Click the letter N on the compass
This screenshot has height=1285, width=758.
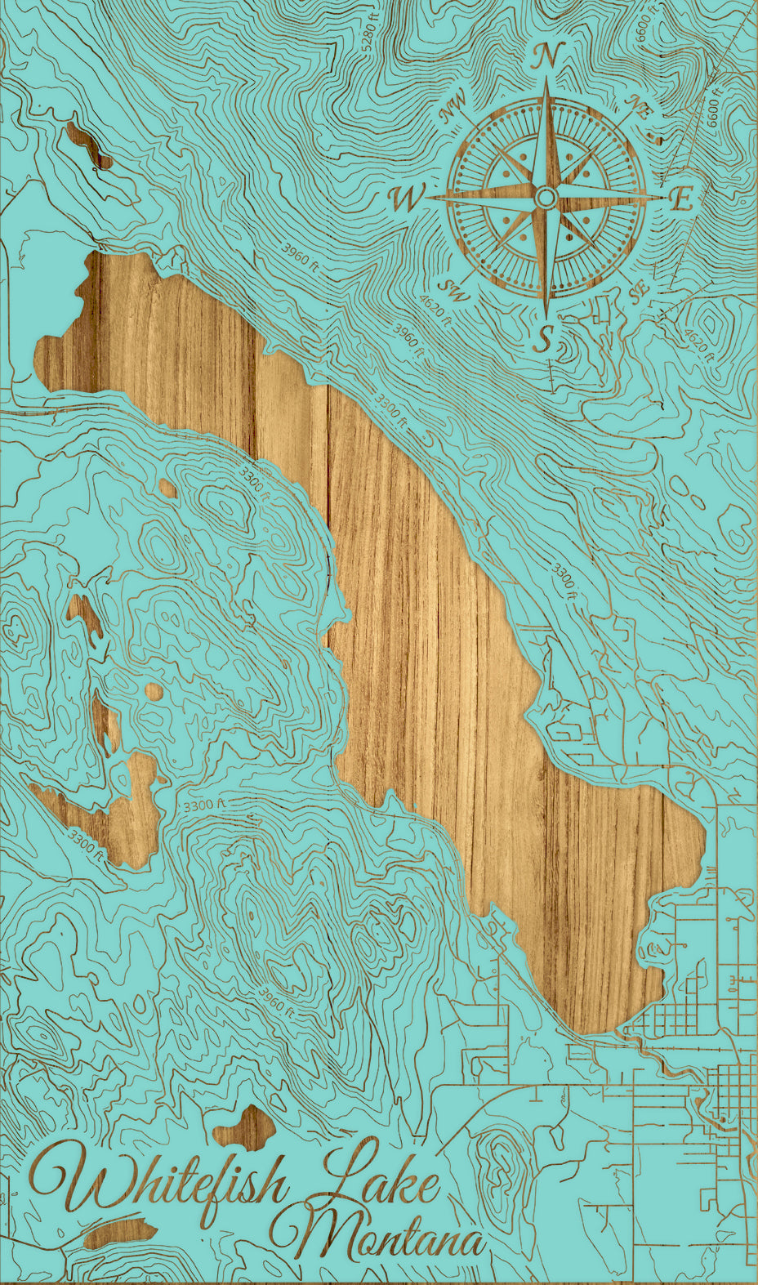(x=546, y=57)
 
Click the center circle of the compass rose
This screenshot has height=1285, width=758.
(x=546, y=197)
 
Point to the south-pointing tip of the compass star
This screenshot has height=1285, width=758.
(x=546, y=315)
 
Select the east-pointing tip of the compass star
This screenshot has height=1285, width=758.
(x=665, y=197)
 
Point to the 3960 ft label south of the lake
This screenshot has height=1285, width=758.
(x=276, y=1002)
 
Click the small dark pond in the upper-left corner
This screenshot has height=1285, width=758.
(x=85, y=144)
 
